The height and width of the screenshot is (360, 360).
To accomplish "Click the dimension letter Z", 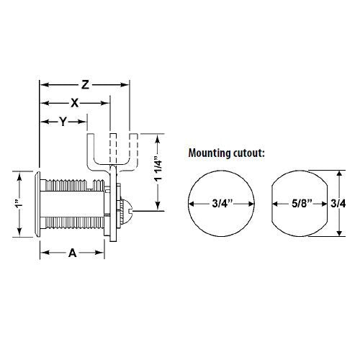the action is [x=85, y=85].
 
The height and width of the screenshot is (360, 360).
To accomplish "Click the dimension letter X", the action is [x=75, y=103].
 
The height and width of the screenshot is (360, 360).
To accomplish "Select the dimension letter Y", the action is [x=63, y=122].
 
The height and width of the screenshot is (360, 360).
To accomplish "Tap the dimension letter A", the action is [x=72, y=253].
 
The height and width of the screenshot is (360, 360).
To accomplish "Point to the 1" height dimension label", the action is [x=19, y=204].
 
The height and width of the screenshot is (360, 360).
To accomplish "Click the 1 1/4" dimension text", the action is [x=158, y=169].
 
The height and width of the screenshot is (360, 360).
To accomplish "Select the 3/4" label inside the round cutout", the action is [x=222, y=204].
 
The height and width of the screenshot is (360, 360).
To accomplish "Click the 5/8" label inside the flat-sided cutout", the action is [x=302, y=204].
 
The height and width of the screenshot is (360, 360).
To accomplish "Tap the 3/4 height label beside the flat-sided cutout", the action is [x=338, y=204].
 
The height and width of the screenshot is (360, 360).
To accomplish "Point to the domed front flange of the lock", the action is [x=37, y=204].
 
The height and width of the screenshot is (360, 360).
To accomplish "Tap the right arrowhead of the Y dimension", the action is [x=82, y=122].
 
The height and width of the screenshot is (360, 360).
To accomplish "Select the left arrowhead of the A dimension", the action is [x=45, y=253].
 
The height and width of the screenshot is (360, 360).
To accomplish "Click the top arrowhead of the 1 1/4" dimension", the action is [x=158, y=140].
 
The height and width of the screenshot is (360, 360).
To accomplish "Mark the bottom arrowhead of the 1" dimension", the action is [x=19, y=232].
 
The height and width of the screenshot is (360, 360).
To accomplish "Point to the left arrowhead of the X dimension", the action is [x=45, y=103].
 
